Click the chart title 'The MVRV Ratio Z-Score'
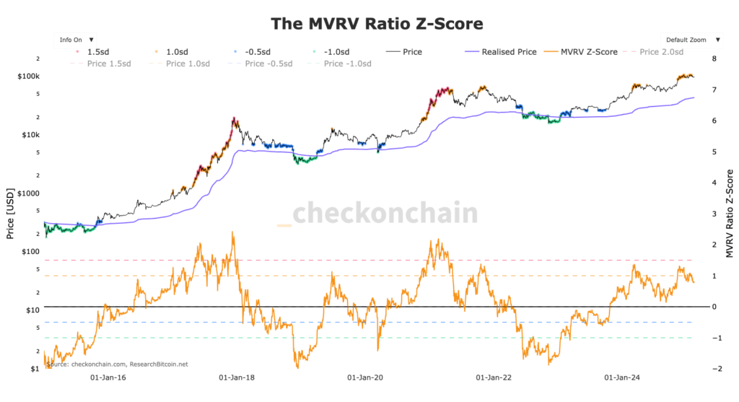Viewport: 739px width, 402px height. pos(376,23)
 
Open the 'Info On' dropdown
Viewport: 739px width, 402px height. pos(75,40)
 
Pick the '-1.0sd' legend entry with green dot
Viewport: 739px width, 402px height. pos(329,52)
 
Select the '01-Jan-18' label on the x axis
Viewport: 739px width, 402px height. pos(235,377)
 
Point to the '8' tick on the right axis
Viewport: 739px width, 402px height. pos(714,59)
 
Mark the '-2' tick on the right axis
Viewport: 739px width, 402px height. pos(714,369)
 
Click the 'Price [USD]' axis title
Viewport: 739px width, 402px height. pos(9,214)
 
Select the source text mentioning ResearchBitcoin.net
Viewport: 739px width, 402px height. pos(117,364)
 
